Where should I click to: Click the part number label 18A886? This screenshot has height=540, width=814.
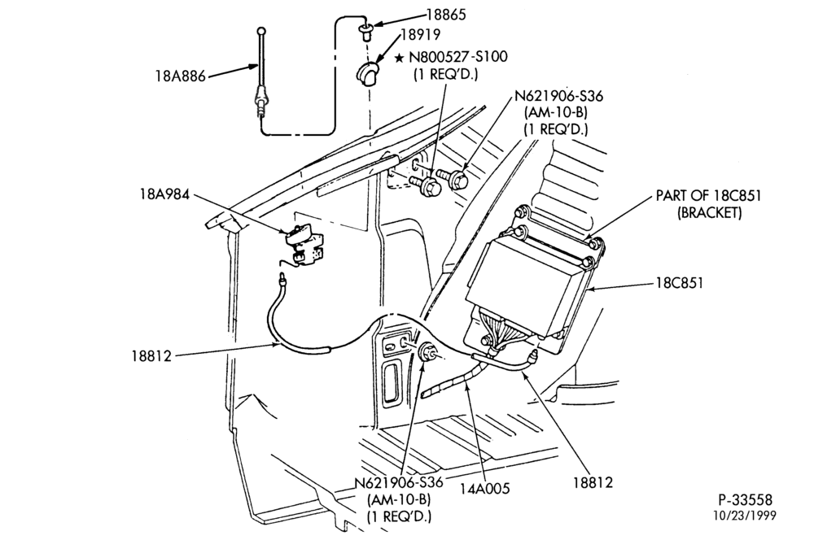[x=181, y=76]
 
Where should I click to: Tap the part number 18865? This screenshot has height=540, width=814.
[x=446, y=15]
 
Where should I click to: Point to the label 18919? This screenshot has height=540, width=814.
[x=421, y=34]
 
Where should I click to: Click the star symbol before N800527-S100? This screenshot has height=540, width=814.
[x=399, y=58]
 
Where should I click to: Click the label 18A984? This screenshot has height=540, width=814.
[x=164, y=194]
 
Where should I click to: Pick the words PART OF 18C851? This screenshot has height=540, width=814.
[x=708, y=195]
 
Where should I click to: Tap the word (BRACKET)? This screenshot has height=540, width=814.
[x=709, y=213]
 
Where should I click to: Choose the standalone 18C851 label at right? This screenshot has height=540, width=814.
[x=680, y=283]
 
